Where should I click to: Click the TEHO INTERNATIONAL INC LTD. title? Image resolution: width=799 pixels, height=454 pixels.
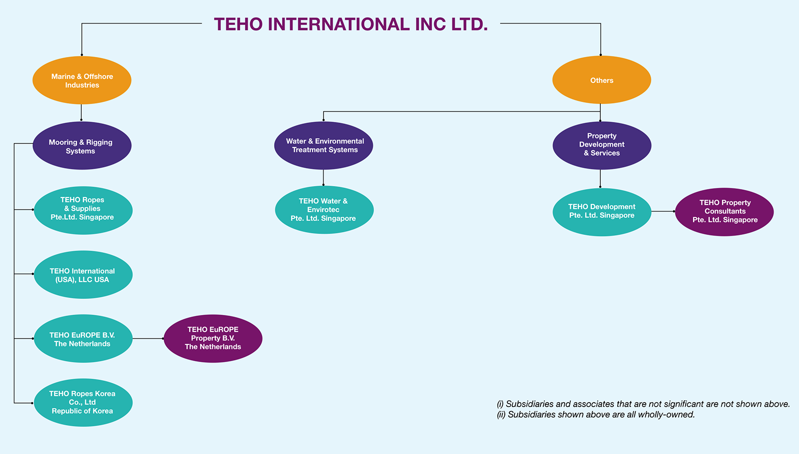351,24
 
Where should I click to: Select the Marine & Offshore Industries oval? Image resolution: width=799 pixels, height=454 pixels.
82,80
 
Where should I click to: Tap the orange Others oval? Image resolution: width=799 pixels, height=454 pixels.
601,80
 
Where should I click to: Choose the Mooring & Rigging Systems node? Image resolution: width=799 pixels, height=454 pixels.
82,146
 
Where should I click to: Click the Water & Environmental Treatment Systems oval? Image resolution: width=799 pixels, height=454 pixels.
324,145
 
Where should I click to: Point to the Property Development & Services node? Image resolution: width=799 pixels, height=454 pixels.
602,145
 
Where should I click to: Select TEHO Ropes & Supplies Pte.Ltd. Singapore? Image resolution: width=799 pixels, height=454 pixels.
83,209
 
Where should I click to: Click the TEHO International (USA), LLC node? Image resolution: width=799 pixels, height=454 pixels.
83,275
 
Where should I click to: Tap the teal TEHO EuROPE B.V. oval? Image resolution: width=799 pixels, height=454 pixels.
83,339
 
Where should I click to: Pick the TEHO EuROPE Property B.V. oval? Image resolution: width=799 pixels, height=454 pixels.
213,338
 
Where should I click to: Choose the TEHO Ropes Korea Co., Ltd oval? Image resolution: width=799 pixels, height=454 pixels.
83,402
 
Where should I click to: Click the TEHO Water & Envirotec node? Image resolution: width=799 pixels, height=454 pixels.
324,210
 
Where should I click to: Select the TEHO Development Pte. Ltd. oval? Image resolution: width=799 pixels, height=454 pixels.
602,211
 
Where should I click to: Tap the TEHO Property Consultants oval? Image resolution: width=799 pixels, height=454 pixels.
724,211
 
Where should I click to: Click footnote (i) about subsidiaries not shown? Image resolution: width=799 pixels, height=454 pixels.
643,404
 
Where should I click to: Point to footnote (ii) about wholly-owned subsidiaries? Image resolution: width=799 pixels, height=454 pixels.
596,414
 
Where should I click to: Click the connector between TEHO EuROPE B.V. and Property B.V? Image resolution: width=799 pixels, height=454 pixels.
148,338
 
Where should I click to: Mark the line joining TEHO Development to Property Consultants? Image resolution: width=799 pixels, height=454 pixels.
663,211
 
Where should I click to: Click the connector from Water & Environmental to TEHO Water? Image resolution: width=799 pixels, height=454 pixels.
324,177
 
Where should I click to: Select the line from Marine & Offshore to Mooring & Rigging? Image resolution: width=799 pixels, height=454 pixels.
81,112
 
